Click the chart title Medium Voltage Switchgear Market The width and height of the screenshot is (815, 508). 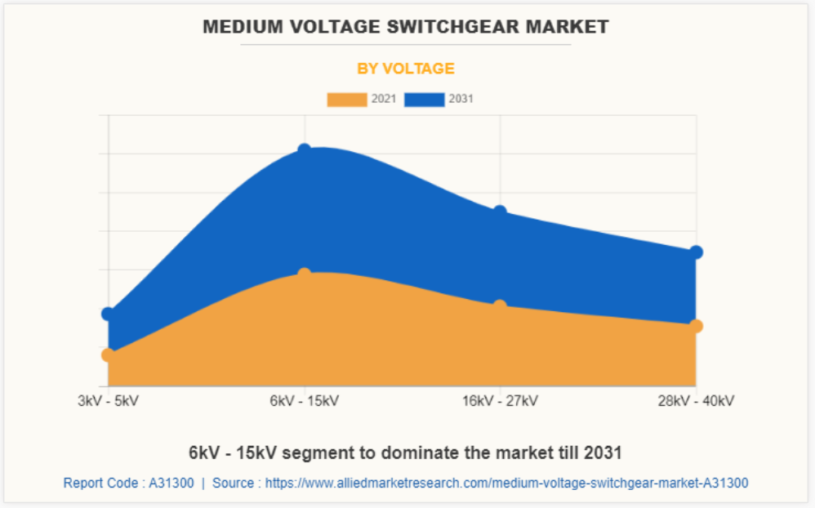tap(406, 27)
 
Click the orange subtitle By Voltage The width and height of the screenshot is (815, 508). tap(406, 69)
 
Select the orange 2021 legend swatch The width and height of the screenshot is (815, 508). tap(347, 100)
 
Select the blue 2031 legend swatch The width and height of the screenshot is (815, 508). tap(425, 100)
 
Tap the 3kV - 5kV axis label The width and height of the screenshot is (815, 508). tap(109, 401)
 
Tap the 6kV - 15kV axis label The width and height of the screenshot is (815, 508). tap(305, 401)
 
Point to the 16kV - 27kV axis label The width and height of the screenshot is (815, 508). tap(500, 401)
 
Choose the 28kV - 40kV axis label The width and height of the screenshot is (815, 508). tap(696, 401)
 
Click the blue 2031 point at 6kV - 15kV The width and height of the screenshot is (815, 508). tap(305, 150)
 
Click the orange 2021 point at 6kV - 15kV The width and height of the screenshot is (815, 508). tap(305, 274)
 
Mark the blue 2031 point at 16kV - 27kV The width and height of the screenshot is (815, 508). tap(500, 212)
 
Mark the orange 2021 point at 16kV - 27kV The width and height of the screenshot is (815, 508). tap(500, 306)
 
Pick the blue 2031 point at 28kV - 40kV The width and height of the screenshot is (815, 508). tap(696, 252)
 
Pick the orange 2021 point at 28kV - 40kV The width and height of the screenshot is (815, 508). tap(696, 326)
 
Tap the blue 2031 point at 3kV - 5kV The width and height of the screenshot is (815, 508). tap(109, 314)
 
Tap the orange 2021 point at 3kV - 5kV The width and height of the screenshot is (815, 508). tap(109, 354)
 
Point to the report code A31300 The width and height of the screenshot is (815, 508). tap(171, 483)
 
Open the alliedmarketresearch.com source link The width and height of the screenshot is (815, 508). tap(507, 483)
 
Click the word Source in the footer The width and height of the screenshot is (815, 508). tap(233, 483)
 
